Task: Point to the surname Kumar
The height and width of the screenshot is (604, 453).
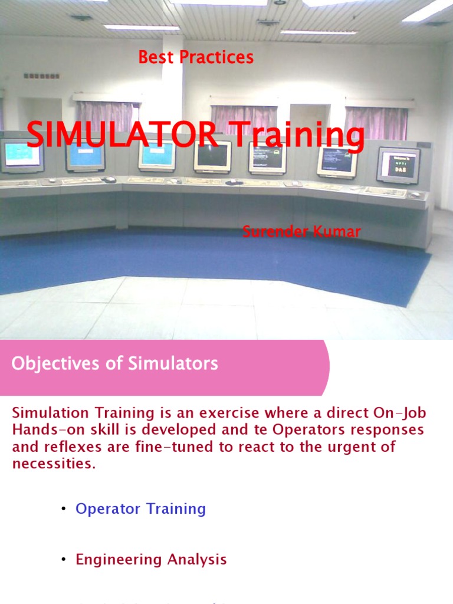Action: point(337,232)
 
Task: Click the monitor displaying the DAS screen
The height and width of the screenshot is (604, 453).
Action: point(398,165)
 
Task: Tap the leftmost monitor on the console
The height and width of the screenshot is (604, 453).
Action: point(22,156)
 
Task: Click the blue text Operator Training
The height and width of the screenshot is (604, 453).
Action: point(140,509)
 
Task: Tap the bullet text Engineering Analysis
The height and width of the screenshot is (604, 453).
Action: point(151,560)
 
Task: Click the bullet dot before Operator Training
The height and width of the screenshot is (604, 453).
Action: point(63,510)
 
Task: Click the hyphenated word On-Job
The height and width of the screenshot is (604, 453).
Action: point(404,413)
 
